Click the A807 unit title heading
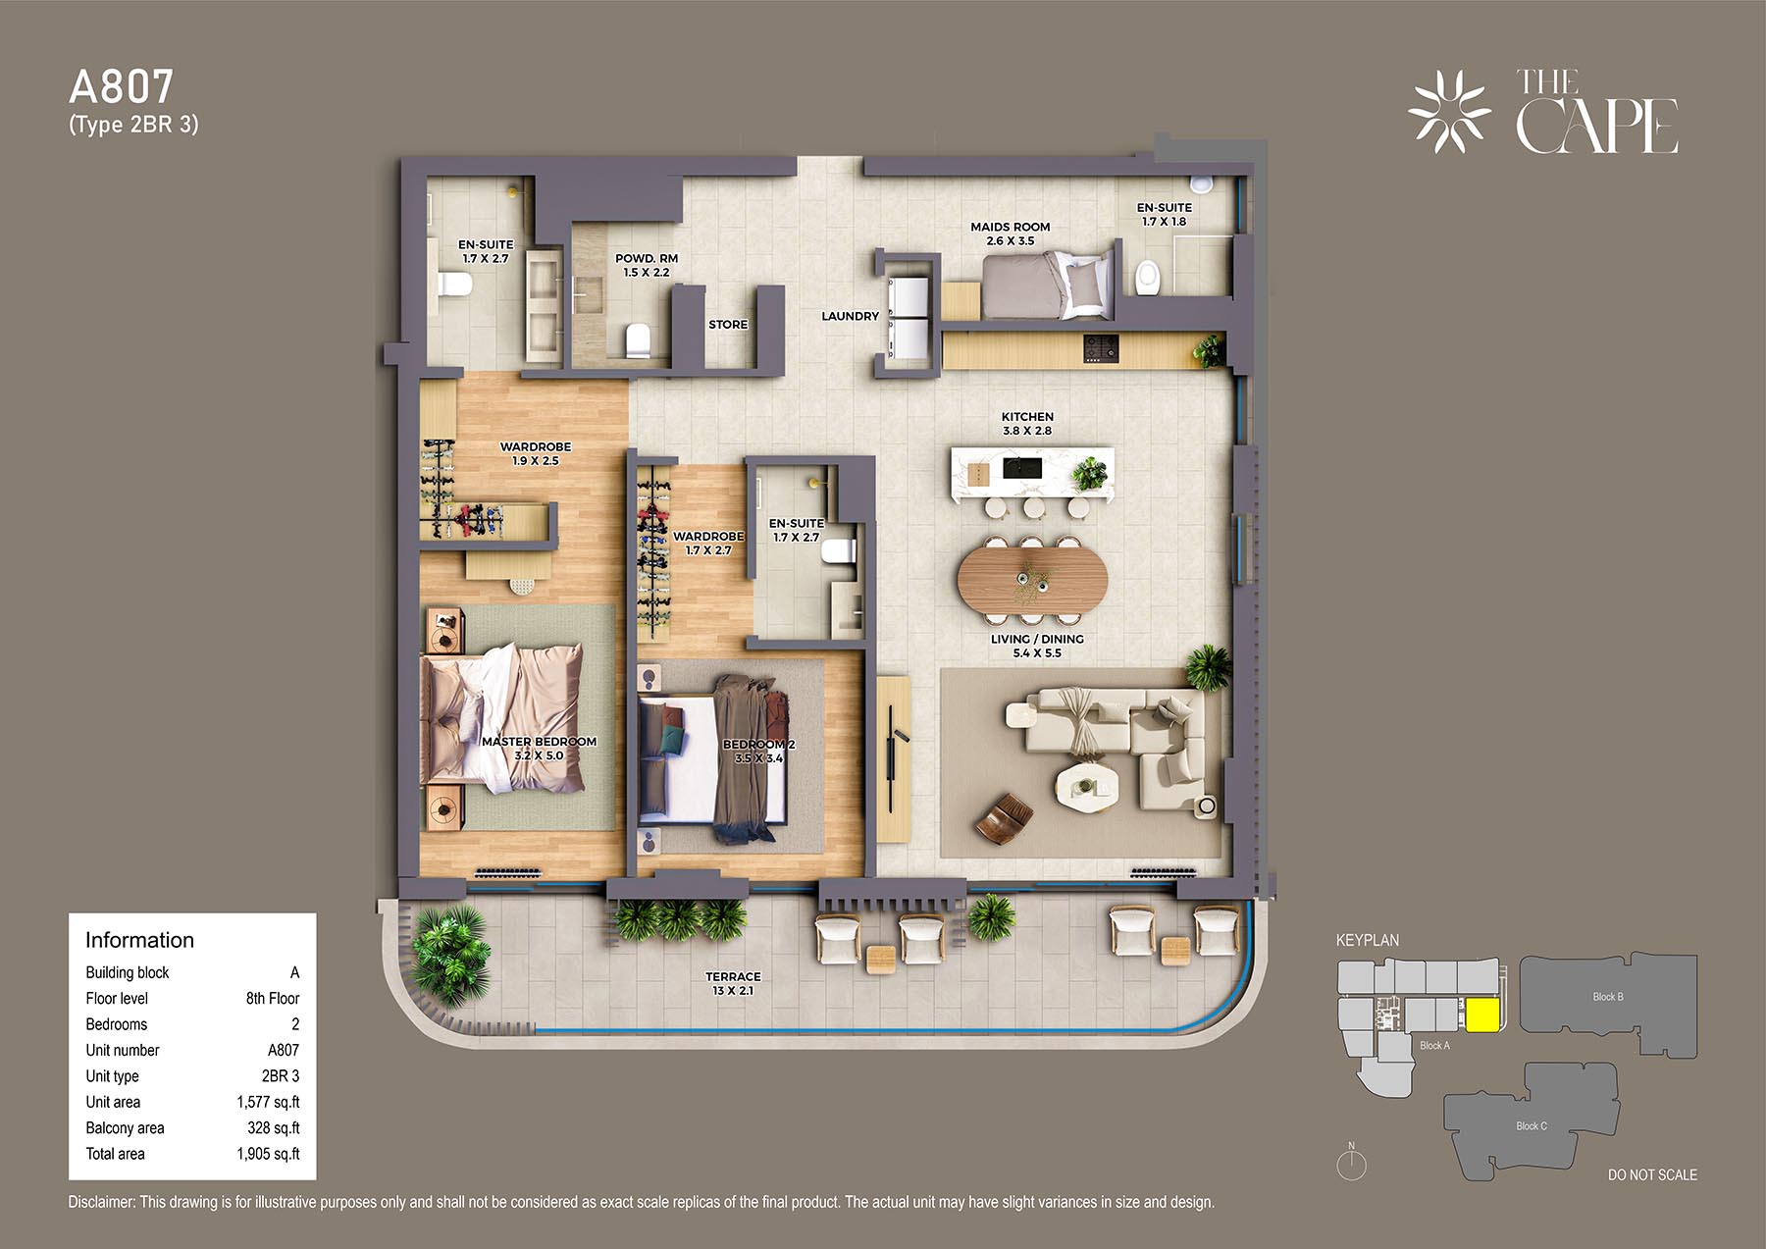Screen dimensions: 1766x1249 (x=121, y=87)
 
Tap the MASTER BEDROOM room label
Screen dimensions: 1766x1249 (x=539, y=742)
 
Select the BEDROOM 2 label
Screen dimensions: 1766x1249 (x=758, y=745)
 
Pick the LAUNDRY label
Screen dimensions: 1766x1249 (x=850, y=316)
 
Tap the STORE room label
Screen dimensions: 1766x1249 (x=728, y=325)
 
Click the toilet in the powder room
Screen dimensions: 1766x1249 (x=638, y=339)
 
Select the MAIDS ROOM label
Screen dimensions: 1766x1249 (x=1011, y=227)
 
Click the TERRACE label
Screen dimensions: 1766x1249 (x=733, y=976)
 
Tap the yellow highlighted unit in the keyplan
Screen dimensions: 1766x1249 (x=1481, y=1015)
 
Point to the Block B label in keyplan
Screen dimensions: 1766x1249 (x=1607, y=997)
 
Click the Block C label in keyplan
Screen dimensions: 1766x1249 (x=1531, y=1125)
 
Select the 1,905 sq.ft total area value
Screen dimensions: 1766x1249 (x=268, y=1154)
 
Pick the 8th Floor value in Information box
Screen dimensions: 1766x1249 (x=273, y=998)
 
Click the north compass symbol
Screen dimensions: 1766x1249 (x=1352, y=1163)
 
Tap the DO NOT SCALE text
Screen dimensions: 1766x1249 (x=1652, y=1174)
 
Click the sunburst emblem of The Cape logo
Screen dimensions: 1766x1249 (x=1449, y=112)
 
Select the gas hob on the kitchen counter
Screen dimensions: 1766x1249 (x=1101, y=348)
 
